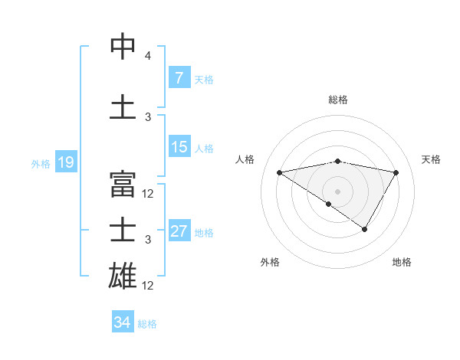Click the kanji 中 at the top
click(123, 47)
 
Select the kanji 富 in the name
click(123, 184)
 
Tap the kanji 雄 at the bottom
click(123, 275)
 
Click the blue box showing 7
click(179, 78)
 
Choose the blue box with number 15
click(179, 147)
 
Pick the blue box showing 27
click(179, 231)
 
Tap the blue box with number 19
click(65, 162)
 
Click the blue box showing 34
click(122, 322)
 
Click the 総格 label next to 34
click(147, 323)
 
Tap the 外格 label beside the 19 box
click(40, 163)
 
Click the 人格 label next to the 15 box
click(204, 148)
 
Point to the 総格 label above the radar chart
click(337, 100)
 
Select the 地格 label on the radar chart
click(402, 262)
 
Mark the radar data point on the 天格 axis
click(396, 172)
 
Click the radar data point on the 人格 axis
click(279, 172)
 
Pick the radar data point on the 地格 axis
click(365, 229)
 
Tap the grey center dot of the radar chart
click(337, 191)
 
